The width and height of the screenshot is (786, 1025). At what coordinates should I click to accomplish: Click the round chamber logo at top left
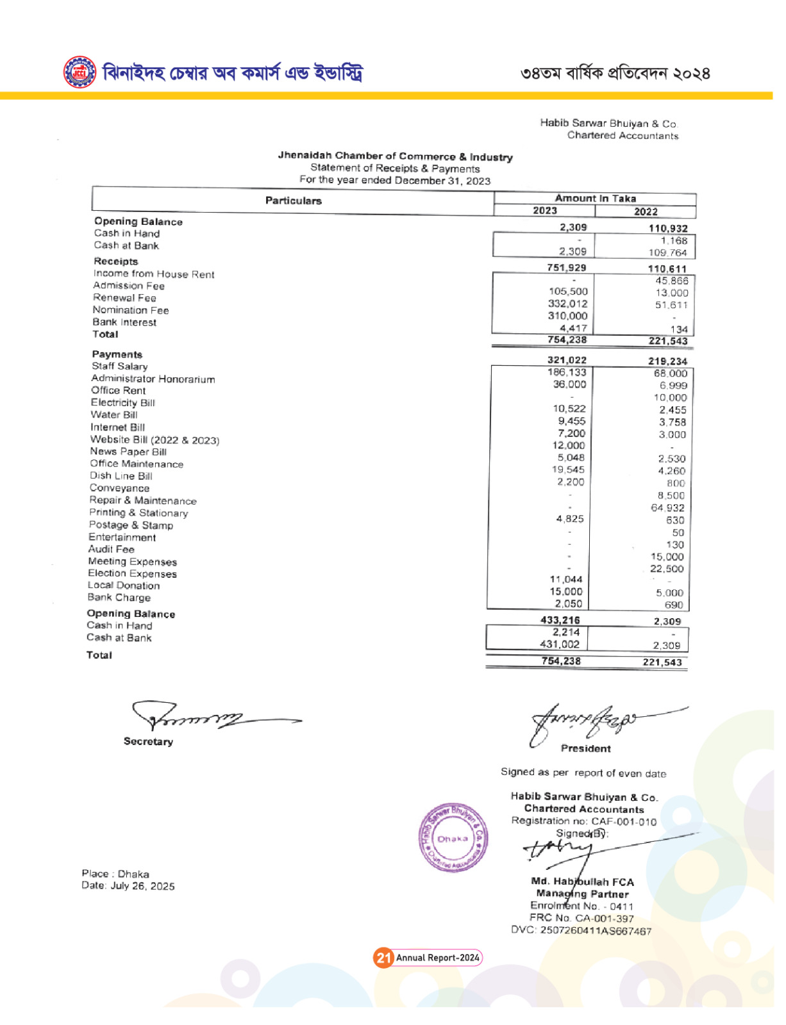click(x=79, y=72)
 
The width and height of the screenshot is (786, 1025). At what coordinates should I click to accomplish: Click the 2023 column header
click(x=545, y=211)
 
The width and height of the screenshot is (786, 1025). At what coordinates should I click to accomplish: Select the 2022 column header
click(x=646, y=212)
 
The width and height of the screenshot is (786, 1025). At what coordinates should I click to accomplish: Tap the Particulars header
click(x=293, y=201)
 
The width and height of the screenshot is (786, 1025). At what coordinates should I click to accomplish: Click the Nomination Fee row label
click(x=131, y=310)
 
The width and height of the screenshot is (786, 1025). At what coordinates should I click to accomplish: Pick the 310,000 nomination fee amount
click(x=568, y=316)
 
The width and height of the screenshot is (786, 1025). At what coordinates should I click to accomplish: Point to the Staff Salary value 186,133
click(x=567, y=372)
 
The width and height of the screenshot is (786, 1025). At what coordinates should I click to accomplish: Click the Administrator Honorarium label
click(x=153, y=379)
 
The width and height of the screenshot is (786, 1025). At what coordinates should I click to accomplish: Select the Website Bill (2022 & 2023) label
click(x=155, y=440)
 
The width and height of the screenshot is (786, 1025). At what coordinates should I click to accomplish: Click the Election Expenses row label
click(x=132, y=573)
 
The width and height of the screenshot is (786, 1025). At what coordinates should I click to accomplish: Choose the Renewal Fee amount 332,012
click(x=567, y=304)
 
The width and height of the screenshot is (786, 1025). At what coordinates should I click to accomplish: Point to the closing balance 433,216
click(x=560, y=620)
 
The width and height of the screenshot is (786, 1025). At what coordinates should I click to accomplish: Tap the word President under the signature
click(x=585, y=748)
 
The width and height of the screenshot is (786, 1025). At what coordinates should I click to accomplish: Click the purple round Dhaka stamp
click(x=453, y=838)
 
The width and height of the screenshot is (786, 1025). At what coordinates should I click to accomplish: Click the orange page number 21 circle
click(x=383, y=958)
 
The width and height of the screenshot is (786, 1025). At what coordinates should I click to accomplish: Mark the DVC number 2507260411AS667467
click(x=581, y=931)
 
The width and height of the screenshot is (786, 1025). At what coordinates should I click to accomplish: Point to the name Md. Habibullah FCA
click(x=582, y=882)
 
